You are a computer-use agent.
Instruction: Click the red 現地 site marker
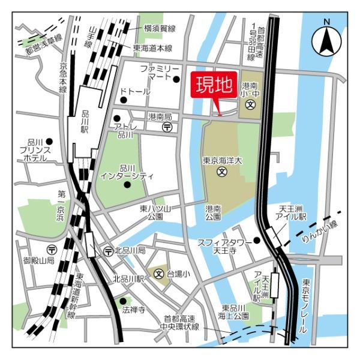coord(212,86)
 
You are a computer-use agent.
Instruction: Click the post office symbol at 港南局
coord(167,127)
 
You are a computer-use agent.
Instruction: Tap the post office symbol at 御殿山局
coord(52,249)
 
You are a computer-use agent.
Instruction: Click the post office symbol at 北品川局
coord(108,250)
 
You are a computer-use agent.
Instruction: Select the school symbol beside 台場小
coord(160,274)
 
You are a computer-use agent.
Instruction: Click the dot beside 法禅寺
coord(124,301)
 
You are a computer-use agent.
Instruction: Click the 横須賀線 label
coord(160,28)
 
